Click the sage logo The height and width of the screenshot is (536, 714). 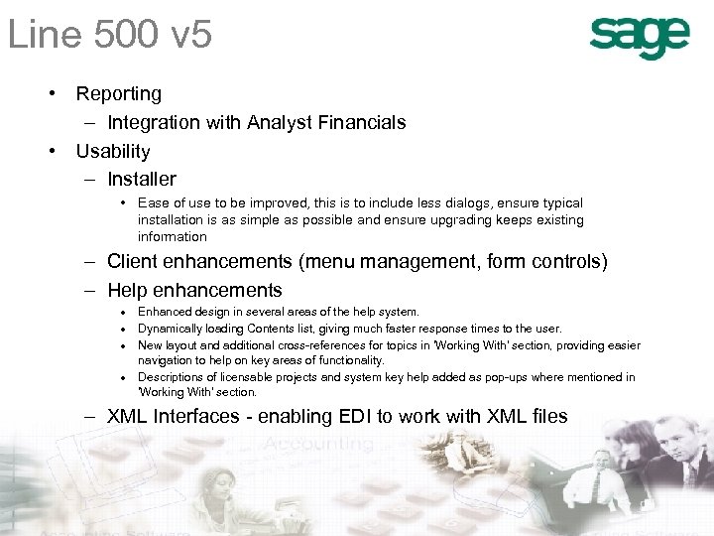[x=640, y=38]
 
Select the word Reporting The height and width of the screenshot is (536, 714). [x=119, y=94]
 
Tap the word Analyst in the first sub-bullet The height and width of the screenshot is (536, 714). [x=289, y=123]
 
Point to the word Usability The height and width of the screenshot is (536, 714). [x=113, y=152]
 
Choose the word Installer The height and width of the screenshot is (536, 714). [x=142, y=180]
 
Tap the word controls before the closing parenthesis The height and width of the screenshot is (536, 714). [x=566, y=262]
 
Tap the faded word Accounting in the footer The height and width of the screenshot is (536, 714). [x=317, y=444]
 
